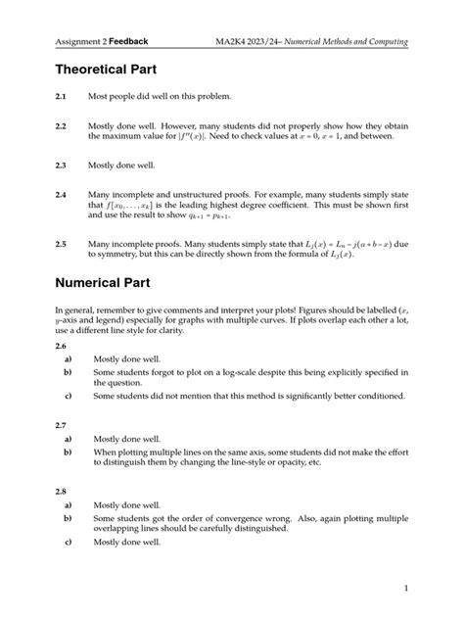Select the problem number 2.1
[x=62, y=98]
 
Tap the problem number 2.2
[x=62, y=127]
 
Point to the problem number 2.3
[x=62, y=167]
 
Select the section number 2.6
[x=62, y=348]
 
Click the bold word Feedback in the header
[x=130, y=42]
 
